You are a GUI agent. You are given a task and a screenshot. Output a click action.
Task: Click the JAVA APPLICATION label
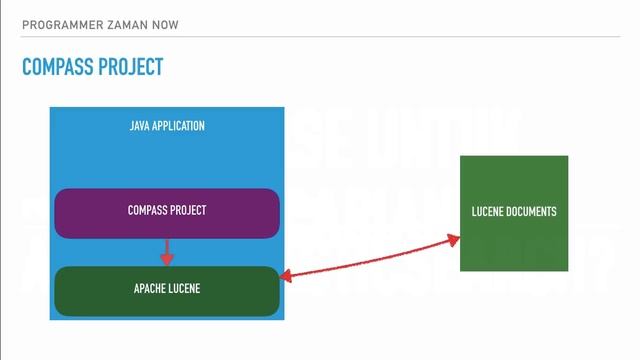[x=167, y=126]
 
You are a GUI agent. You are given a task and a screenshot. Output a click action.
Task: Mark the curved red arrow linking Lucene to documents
[x=370, y=258]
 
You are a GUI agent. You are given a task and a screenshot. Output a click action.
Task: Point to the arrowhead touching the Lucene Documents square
[x=454, y=239]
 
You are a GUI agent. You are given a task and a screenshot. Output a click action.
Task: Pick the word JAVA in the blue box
[x=140, y=126]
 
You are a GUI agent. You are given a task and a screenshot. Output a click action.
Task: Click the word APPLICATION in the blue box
[x=179, y=126]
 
